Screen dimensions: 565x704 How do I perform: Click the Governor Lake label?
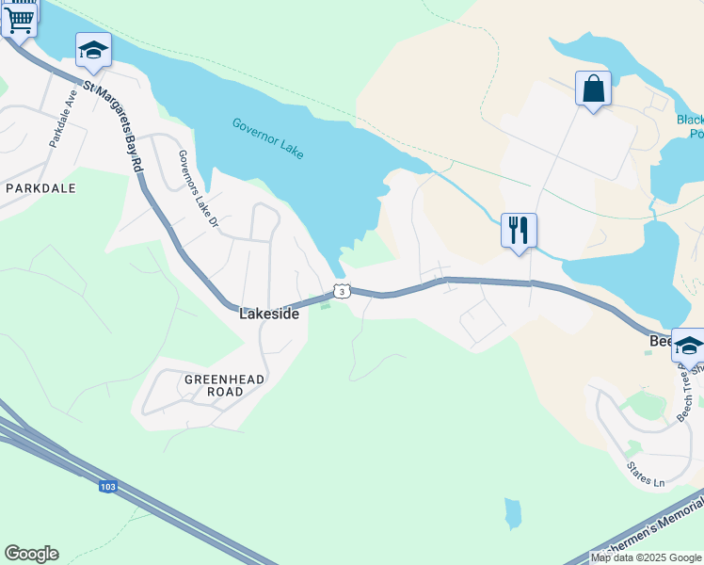tap(268, 137)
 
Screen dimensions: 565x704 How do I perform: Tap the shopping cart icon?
tap(19, 18)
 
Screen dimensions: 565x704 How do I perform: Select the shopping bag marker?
tap(593, 89)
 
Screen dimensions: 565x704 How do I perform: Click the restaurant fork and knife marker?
tap(519, 230)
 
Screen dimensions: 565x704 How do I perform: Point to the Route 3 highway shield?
tap(343, 292)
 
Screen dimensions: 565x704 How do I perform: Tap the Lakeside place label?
tap(269, 315)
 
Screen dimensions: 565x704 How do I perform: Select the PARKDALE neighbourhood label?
tap(40, 188)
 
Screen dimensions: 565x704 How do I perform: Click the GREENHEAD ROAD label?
tap(224, 385)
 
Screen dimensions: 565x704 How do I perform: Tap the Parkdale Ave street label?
tap(62, 118)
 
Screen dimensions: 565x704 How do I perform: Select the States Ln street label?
tap(646, 475)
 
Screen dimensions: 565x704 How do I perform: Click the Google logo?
tap(31, 554)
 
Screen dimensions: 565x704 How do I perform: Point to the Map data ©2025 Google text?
tap(647, 557)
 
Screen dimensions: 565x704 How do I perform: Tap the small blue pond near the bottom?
tap(512, 513)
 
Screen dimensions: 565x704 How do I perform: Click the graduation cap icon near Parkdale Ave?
tap(93, 49)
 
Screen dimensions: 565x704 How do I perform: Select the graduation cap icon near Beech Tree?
tap(688, 346)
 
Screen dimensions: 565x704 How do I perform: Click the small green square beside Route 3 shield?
tap(327, 305)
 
